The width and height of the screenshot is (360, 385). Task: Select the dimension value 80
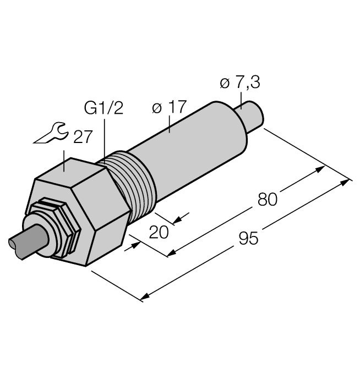[x=268, y=199]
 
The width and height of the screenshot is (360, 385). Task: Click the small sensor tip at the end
[x=255, y=116]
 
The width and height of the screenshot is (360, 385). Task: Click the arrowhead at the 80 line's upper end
[x=319, y=169]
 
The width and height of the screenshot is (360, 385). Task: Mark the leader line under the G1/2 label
[x=105, y=137]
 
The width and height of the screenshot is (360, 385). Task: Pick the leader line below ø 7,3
[x=241, y=100]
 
